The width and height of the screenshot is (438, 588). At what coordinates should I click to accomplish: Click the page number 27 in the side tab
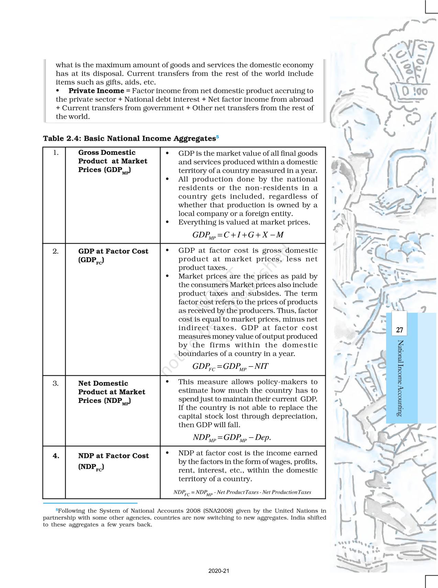tap(400, 330)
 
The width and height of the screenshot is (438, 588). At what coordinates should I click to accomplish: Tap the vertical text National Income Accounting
tap(400, 378)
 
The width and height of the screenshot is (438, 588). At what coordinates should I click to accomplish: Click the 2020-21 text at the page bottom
tap(219, 571)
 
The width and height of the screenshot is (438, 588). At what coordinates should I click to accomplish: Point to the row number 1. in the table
tap(56, 153)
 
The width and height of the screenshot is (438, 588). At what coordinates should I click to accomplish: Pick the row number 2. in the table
tap(56, 252)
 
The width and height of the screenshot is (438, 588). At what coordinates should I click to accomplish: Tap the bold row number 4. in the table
tap(56, 456)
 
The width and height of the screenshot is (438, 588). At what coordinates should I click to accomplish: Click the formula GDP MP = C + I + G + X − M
tap(238, 235)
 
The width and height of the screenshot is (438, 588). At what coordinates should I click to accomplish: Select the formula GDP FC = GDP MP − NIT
tap(230, 367)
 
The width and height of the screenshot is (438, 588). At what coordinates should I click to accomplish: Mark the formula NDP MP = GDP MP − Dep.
tap(232, 438)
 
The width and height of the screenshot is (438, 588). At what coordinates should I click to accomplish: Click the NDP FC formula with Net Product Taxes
tap(242, 493)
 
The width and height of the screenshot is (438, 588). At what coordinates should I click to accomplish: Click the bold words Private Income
tap(96, 91)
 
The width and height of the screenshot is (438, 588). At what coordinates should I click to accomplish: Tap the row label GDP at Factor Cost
tap(113, 252)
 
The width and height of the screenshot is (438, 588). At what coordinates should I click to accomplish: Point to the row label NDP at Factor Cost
tap(113, 456)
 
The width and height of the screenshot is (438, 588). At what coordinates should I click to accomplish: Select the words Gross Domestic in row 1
tap(107, 152)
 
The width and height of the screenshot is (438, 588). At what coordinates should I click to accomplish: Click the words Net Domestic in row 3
tap(103, 383)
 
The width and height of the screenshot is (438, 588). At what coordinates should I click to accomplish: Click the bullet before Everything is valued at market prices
tap(167, 222)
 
